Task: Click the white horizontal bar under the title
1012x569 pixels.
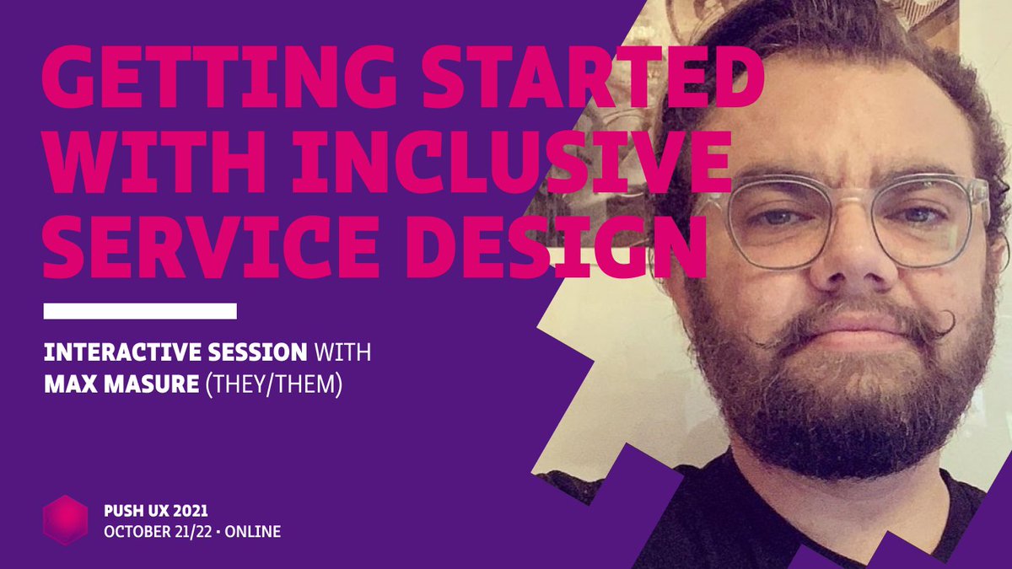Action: pyautogui.click(x=140, y=311)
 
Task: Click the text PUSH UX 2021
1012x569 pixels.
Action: pyautogui.click(x=153, y=511)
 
